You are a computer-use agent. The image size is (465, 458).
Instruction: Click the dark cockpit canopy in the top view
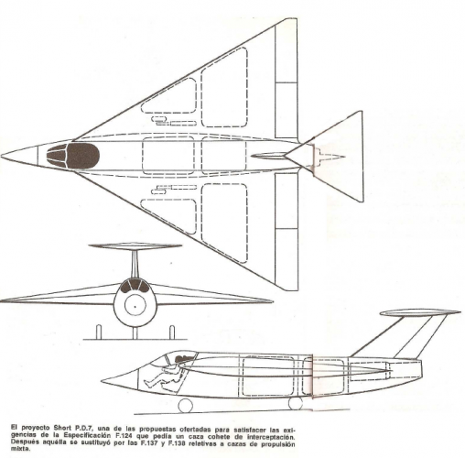[73, 156]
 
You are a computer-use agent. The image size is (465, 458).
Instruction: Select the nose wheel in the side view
[186, 406]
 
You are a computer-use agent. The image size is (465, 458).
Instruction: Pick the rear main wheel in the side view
[296, 403]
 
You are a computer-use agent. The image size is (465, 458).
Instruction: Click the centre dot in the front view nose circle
[135, 306]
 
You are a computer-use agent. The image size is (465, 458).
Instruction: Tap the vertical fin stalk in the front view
[135, 265]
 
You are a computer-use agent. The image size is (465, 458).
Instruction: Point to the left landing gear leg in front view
[99, 332]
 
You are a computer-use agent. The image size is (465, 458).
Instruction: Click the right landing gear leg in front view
[172, 332]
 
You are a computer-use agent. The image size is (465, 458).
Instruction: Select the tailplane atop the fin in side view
[420, 312]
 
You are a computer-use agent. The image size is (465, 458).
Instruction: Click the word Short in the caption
[63, 427]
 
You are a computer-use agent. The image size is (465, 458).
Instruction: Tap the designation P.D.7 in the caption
[83, 427]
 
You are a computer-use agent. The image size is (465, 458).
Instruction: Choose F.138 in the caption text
[176, 442]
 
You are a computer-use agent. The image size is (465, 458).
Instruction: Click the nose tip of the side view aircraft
[102, 380]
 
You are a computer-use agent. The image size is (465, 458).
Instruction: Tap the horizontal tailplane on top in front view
[135, 246]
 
